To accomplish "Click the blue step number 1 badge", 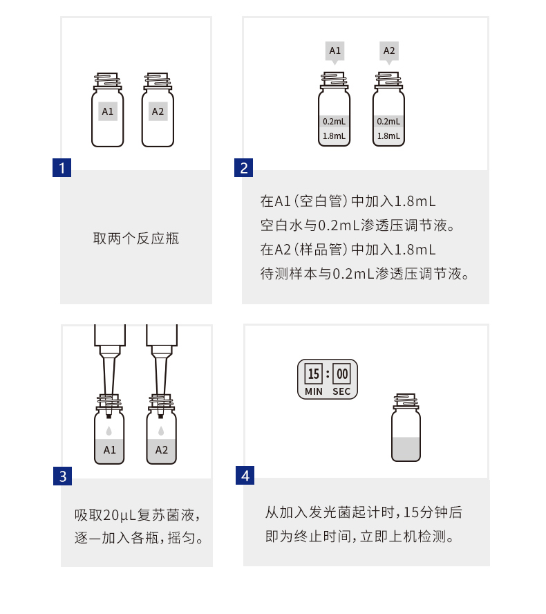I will coord(62,168).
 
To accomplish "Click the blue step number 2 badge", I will coord(244,168).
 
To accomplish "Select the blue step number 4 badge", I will coord(246,476).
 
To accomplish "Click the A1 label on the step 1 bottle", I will coord(108,111).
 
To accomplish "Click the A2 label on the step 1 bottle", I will coord(158,111).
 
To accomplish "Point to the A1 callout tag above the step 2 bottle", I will coord(335,50).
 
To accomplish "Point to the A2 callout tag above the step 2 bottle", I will coord(388,50).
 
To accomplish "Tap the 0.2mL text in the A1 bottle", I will coord(335,122).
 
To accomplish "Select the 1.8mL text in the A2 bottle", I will coord(388,136).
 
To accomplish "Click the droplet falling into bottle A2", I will coord(161,430).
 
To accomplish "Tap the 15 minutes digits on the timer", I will coord(314,375).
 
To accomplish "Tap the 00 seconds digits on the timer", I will coord(342,375).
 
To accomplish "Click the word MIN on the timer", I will coord(314,391).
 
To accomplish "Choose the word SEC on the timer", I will coord(342,391).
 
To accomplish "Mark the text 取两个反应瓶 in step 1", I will coord(136,239).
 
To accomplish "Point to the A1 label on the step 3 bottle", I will coord(109,450).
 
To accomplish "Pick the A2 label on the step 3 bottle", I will coord(161,450).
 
